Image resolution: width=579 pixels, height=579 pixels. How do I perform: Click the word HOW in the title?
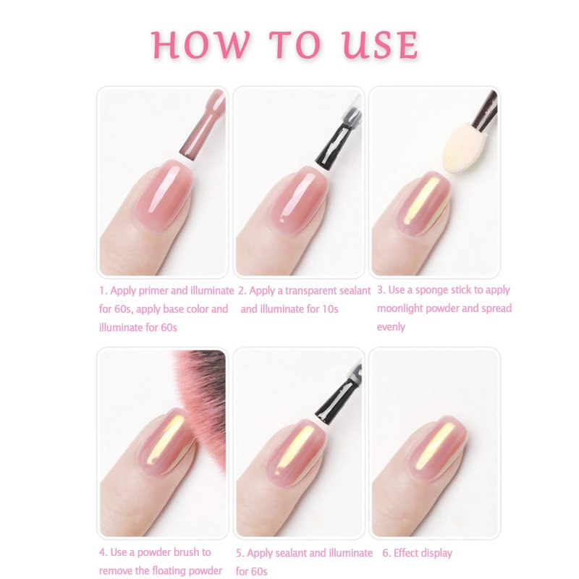(x=201, y=45)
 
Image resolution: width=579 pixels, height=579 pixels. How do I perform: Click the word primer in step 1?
(x=152, y=291)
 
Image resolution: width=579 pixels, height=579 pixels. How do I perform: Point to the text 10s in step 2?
(x=330, y=309)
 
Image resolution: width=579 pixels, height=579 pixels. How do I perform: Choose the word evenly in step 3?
(x=391, y=327)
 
